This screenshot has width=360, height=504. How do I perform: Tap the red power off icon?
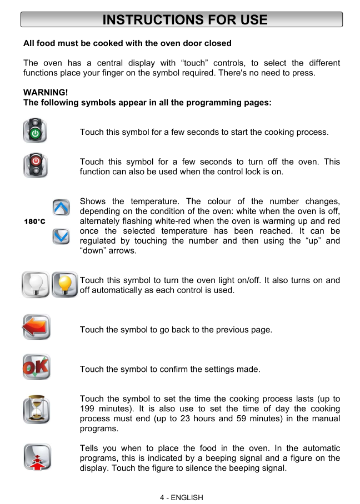35,165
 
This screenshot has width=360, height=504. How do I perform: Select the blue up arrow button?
61,208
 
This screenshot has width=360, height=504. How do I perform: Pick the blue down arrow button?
61,236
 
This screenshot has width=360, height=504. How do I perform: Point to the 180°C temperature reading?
34,222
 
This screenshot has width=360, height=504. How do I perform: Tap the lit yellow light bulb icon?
64,284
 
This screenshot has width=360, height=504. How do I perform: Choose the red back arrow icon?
36,327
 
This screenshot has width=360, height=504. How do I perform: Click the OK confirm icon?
36,367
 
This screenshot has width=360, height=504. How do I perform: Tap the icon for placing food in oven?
37,457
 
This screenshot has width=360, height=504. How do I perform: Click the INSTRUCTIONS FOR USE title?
185,20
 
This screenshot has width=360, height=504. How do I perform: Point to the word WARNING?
45,92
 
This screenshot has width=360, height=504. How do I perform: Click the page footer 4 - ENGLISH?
181,497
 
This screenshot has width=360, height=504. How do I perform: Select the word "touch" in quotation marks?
192,63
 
